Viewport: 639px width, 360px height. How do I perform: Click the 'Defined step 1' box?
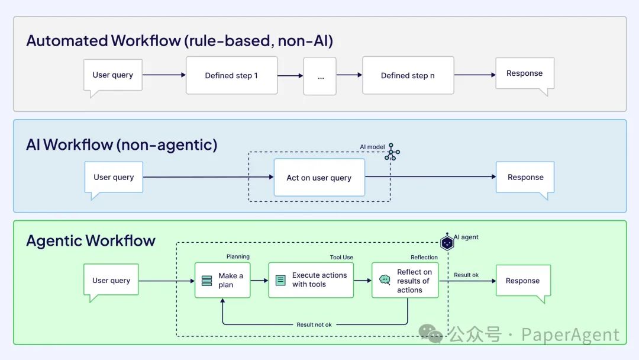(x=231, y=75)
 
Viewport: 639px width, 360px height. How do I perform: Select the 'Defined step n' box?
(x=408, y=75)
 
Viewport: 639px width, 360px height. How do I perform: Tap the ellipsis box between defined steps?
(x=320, y=76)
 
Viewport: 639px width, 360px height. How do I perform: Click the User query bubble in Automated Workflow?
(x=113, y=75)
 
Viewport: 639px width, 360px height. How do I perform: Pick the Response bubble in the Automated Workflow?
(x=524, y=73)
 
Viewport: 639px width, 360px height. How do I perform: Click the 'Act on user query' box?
(x=319, y=178)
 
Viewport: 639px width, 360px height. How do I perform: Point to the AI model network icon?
(x=392, y=152)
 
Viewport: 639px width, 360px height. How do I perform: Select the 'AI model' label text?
(x=372, y=147)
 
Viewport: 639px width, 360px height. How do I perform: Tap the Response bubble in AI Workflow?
(x=525, y=177)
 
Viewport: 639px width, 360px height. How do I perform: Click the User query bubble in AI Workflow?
(x=114, y=177)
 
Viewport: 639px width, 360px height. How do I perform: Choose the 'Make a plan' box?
(x=222, y=280)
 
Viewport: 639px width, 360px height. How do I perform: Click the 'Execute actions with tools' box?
(x=311, y=280)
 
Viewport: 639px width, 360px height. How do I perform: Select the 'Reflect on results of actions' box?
(x=405, y=281)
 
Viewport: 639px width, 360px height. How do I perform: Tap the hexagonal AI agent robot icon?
(x=447, y=242)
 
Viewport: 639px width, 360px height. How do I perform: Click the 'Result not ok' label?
(x=314, y=324)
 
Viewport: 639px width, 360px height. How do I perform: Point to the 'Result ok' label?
(x=466, y=275)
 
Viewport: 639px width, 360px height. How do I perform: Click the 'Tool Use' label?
(x=341, y=257)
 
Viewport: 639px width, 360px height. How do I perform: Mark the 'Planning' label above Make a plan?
(x=238, y=256)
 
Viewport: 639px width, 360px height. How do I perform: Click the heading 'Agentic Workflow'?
(x=91, y=240)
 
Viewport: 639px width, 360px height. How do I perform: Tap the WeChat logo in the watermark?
(x=431, y=334)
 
